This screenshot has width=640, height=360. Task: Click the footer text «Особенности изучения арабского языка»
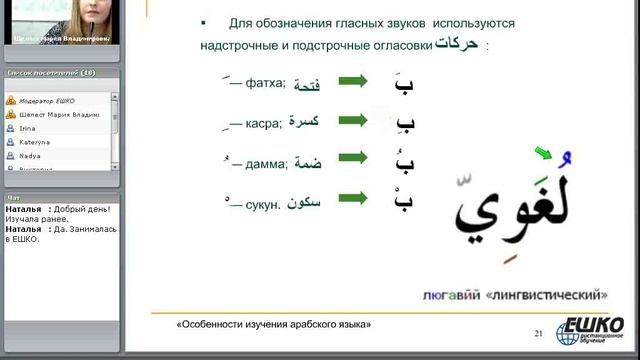pyautogui.click(x=273, y=326)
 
